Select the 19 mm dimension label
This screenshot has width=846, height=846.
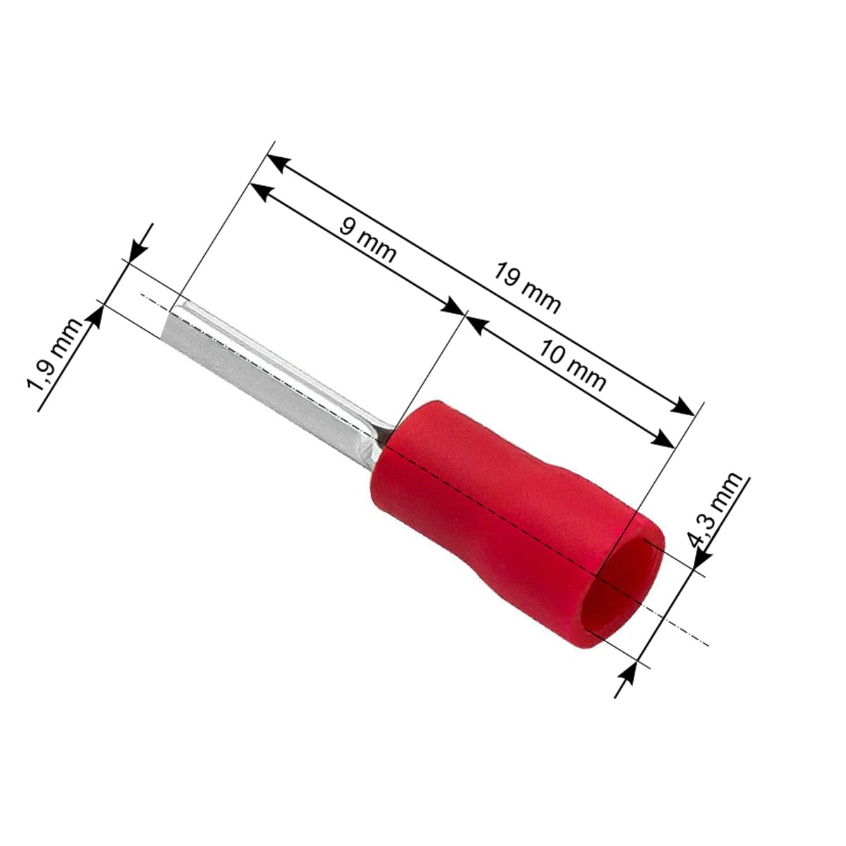coord(527,288)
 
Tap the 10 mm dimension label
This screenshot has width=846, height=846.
coord(572,364)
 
